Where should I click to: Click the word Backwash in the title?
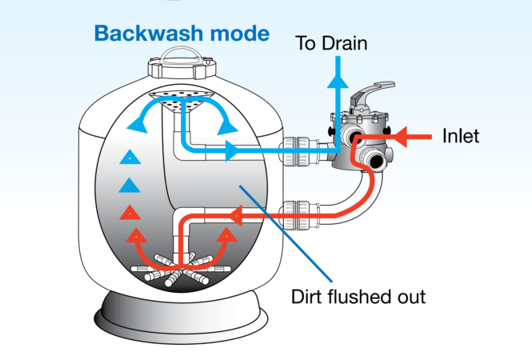pyautogui.click(x=149, y=34)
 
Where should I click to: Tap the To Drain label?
pyautogui.click(x=331, y=43)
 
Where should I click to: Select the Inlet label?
pyautogui.click(x=461, y=136)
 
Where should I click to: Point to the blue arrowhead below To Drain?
pyautogui.click(x=338, y=81)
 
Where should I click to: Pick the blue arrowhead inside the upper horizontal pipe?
pyautogui.click(x=232, y=151)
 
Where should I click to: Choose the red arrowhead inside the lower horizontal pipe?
pyautogui.click(x=237, y=215)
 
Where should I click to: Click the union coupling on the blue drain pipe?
pyautogui.click(x=298, y=151)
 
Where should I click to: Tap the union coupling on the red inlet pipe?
pyautogui.click(x=299, y=215)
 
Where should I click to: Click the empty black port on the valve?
pyautogui.click(x=376, y=161)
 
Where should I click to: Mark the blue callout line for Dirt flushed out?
pyautogui.click(x=286, y=234)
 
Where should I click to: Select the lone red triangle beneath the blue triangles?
pyautogui.click(x=130, y=213)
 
